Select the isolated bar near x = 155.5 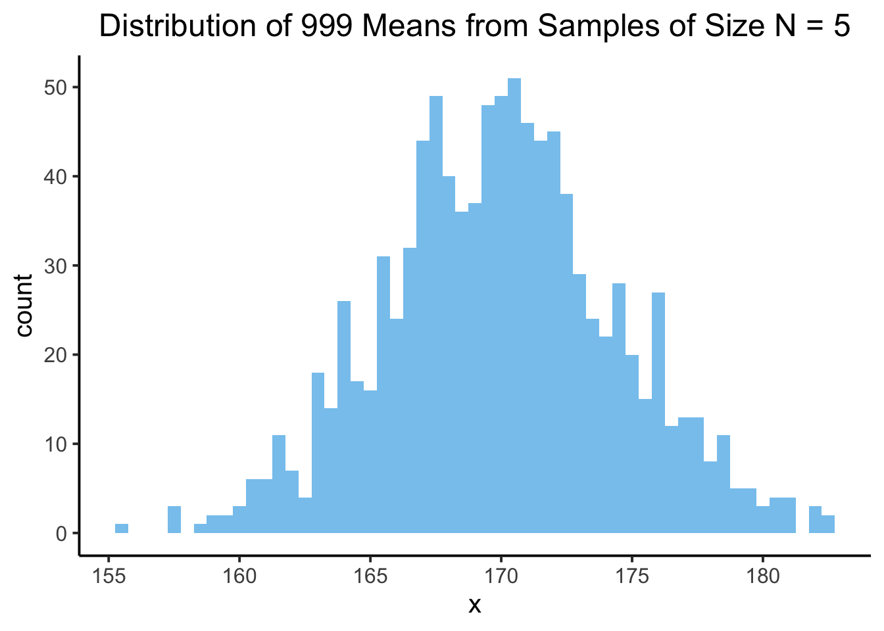click(122, 528)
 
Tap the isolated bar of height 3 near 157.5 click(174, 520)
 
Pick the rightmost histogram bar click(828, 525)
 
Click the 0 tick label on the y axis click(61, 533)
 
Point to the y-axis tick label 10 click(56, 444)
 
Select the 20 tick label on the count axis click(56, 355)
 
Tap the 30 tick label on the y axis click(56, 266)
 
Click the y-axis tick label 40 click(56, 177)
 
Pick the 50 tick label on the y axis click(56, 88)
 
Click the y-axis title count click(24, 306)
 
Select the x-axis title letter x click(474, 605)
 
